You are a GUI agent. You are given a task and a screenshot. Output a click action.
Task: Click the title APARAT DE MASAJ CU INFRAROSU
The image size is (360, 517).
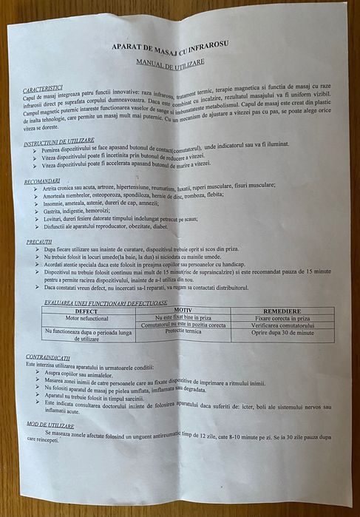(x=170, y=47)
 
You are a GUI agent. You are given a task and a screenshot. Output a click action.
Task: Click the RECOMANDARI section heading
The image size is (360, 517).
(x=42, y=181)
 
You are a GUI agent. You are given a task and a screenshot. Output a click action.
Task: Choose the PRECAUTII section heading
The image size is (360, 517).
(x=38, y=241)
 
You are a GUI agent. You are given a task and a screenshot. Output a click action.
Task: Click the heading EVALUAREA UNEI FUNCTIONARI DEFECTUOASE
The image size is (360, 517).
(x=106, y=303)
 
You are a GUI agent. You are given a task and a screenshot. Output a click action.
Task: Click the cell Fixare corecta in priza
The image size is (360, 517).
(x=282, y=317)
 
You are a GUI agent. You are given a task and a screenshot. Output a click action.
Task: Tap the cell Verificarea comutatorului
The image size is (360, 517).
(x=283, y=325)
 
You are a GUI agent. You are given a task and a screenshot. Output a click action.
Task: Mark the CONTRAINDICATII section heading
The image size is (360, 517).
(x=50, y=357)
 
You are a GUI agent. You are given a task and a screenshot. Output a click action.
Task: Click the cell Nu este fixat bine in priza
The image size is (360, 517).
(x=180, y=317)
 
